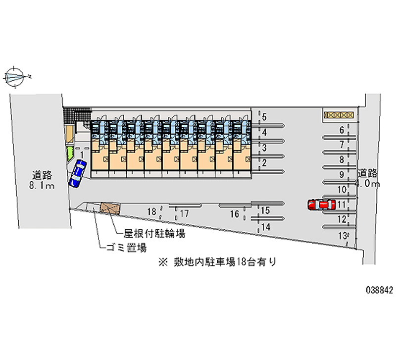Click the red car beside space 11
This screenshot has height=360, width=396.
click(319, 205)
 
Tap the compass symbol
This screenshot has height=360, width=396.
click(16, 77)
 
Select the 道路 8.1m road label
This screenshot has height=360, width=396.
click(43, 180)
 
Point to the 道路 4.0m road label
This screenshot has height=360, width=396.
click(368, 178)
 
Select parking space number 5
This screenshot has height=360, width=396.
click(264, 117)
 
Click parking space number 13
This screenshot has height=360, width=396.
click(342, 236)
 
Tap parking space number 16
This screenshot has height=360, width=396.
click(235, 214)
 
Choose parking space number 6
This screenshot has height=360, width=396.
click(342, 131)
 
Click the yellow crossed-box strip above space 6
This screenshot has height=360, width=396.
click(339, 115)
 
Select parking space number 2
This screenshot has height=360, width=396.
click(264, 162)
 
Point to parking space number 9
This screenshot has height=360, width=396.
click(342, 174)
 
